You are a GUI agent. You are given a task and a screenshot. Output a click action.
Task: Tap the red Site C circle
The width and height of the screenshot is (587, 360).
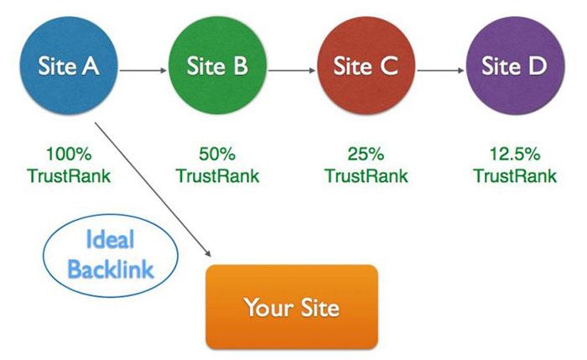[x=366, y=65]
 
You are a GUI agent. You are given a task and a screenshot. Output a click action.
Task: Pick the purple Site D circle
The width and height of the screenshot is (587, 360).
[x=514, y=65]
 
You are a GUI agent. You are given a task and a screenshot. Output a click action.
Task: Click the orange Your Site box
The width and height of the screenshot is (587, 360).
[x=292, y=306]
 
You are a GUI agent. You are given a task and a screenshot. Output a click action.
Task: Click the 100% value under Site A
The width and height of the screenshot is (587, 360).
[x=69, y=154]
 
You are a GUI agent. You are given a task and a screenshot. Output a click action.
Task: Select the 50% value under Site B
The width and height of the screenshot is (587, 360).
[x=217, y=154]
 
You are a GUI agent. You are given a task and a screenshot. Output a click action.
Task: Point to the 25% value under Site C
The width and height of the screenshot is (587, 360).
[x=366, y=154]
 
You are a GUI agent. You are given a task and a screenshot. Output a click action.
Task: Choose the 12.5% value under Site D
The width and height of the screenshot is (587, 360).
[x=515, y=154]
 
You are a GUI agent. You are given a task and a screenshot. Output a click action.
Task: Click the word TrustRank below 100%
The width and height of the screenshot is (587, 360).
[x=69, y=176]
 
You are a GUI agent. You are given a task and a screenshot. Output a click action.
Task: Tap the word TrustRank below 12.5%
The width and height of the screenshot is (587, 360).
[x=515, y=176]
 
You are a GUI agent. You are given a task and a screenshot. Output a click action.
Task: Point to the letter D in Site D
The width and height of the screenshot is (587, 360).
[x=537, y=65]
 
